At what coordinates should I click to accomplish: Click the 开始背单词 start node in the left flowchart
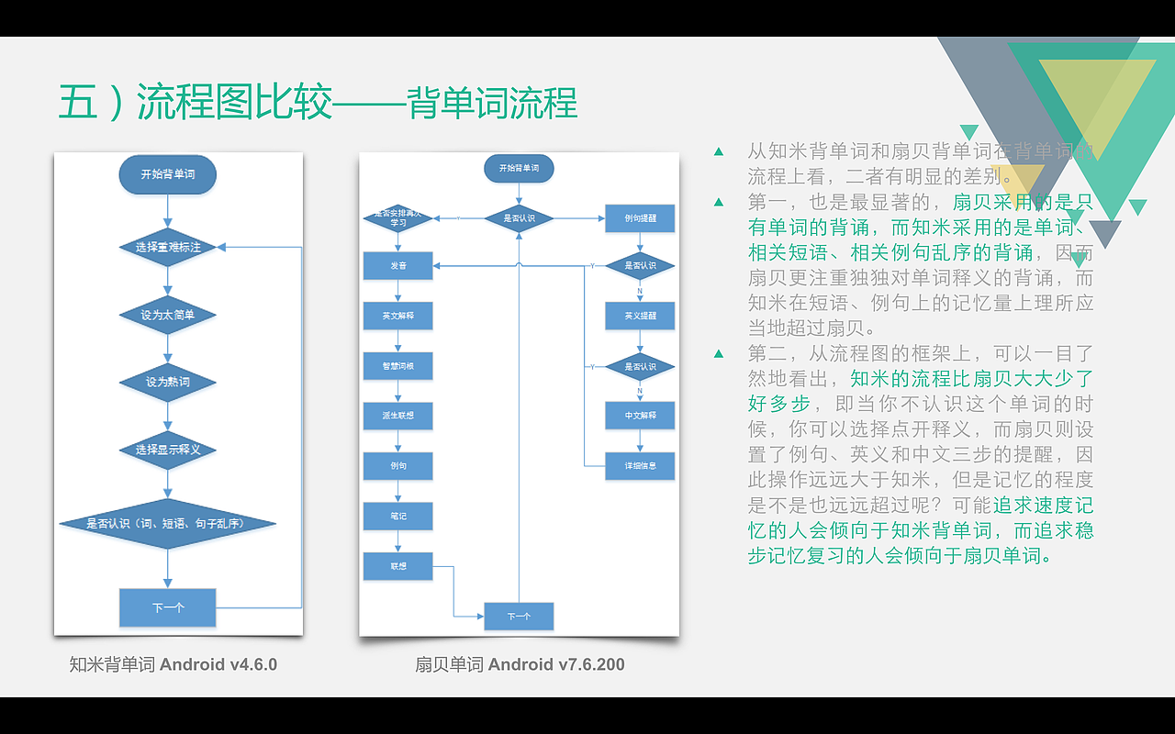click(x=167, y=174)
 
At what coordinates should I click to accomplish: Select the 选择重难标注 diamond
click(x=167, y=247)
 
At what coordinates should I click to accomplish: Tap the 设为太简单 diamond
click(x=167, y=315)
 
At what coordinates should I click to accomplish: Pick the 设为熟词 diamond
click(x=167, y=382)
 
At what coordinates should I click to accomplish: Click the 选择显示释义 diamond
click(x=167, y=450)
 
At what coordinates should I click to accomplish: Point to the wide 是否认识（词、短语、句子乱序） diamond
click(x=167, y=524)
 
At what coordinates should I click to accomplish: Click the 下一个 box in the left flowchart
click(x=167, y=607)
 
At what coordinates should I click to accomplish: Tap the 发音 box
click(x=397, y=266)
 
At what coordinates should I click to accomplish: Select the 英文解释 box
click(x=397, y=316)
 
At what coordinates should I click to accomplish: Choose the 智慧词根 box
click(x=397, y=366)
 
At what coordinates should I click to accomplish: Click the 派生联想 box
click(x=397, y=416)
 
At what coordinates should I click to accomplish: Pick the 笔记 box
click(x=397, y=516)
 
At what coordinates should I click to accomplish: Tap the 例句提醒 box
click(x=640, y=218)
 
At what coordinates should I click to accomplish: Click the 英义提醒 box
click(x=640, y=316)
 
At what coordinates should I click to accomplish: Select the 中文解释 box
click(x=640, y=416)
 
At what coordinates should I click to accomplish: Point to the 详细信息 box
click(x=640, y=466)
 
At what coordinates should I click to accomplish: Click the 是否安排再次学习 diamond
click(x=397, y=218)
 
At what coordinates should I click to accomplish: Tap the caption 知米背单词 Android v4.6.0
click(x=173, y=664)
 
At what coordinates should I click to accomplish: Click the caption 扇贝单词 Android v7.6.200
click(x=520, y=664)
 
